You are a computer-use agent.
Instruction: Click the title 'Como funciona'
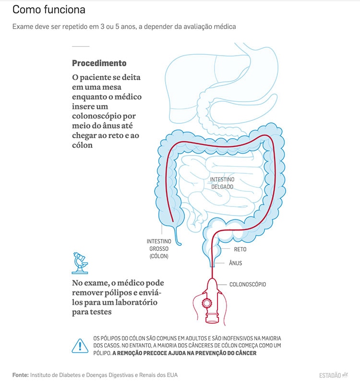(x=43, y=10)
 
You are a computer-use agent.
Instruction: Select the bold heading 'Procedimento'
(x=99, y=63)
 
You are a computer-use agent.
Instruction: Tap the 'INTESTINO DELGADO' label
(x=222, y=183)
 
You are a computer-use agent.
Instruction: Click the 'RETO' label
(x=240, y=250)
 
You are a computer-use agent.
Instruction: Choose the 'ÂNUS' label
(x=235, y=263)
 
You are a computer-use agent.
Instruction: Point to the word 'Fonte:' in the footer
(x=21, y=374)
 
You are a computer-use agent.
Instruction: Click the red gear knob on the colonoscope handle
(x=207, y=303)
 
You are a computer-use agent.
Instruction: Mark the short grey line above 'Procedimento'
(x=81, y=46)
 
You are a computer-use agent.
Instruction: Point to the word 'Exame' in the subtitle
(x=23, y=26)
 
